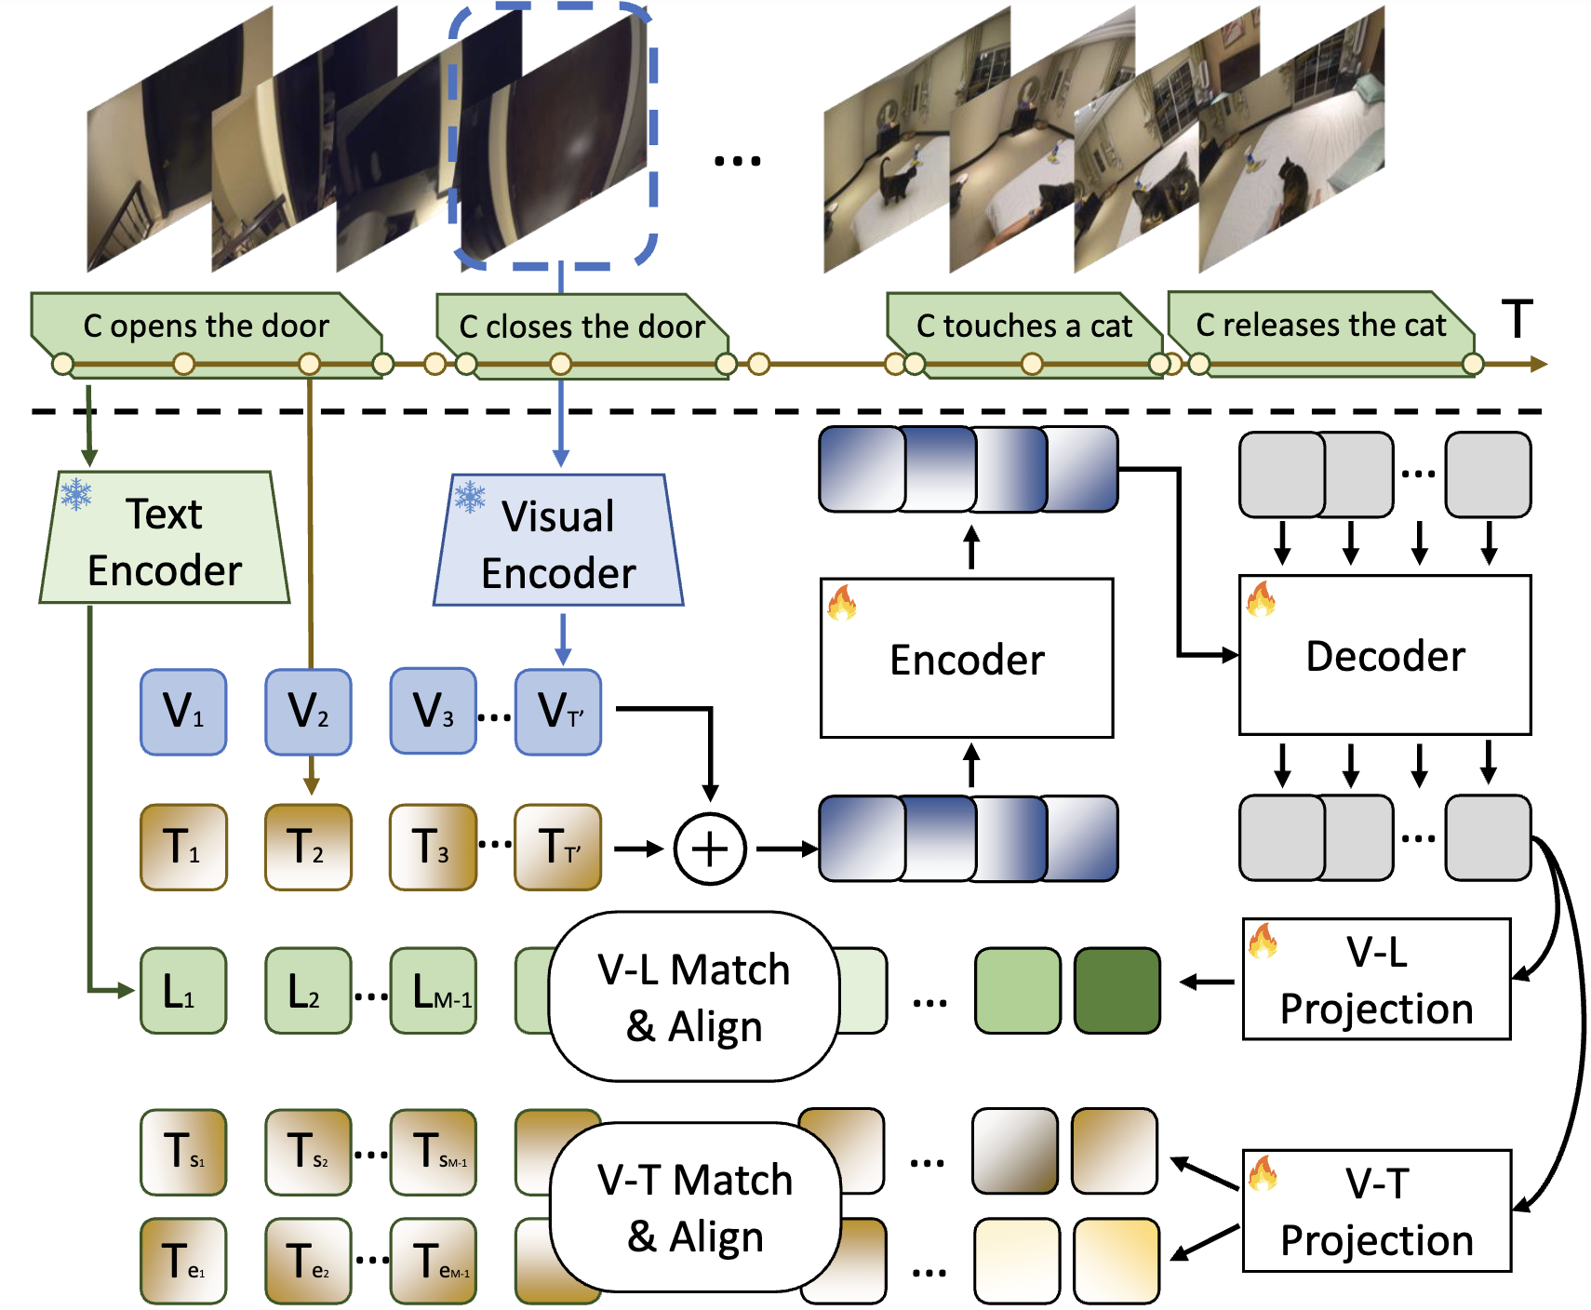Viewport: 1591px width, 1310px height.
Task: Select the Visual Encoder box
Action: click(x=558, y=542)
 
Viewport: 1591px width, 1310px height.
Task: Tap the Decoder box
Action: click(x=1384, y=655)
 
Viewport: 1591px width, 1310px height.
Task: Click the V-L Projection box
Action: click(x=1376, y=980)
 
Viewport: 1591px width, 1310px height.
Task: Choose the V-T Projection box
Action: click(x=1376, y=1211)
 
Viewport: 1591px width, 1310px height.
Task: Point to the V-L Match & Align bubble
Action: click(x=694, y=996)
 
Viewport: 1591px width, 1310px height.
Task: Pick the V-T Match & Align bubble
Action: click(x=695, y=1208)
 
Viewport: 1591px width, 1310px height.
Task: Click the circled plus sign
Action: click(x=710, y=849)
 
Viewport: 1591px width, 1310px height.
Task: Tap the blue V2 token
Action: click(x=308, y=712)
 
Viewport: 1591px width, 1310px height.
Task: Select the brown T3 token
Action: click(x=433, y=848)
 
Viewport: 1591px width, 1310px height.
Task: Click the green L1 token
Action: click(x=183, y=991)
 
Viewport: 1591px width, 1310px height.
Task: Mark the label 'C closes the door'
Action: click(x=582, y=327)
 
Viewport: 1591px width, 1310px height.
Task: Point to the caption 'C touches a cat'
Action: click(x=1023, y=326)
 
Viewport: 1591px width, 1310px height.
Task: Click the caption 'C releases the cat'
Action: click(x=1320, y=325)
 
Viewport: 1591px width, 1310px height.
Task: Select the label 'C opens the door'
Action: click(x=206, y=326)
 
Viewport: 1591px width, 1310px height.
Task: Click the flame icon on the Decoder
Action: click(x=1261, y=599)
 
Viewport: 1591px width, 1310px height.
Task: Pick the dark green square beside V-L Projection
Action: click(x=1116, y=991)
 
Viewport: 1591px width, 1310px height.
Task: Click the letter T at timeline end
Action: click(x=1517, y=319)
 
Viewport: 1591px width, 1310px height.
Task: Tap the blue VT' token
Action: click(x=558, y=712)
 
